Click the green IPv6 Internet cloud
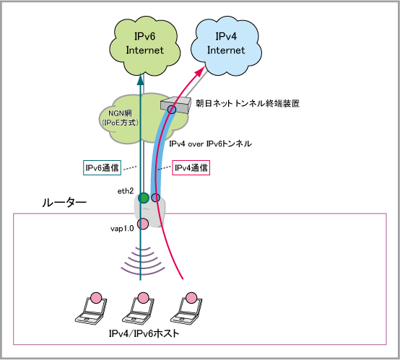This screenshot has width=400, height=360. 144,45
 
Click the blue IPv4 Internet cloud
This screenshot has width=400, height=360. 226,45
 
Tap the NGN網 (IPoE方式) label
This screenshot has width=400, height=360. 120,118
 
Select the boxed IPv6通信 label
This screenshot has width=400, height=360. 102,167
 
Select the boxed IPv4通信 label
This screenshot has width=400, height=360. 191,167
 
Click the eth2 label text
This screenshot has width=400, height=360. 126,191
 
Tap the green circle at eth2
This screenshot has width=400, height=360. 144,198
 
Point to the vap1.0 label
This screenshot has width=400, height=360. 122,229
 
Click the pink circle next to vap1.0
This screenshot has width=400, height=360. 143,224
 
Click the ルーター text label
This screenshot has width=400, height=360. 64,203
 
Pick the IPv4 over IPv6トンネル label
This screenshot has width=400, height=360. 210,144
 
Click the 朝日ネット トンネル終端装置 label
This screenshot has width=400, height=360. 248,103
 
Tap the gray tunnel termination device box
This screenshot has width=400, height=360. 176,105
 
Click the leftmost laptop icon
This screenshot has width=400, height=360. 91,309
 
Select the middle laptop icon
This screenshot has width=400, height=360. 138,309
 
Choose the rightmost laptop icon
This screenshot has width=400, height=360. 186,309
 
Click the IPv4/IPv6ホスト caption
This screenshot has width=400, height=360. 144,333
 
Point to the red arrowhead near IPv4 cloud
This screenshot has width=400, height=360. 200,71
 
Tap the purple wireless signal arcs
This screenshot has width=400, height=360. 143,260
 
